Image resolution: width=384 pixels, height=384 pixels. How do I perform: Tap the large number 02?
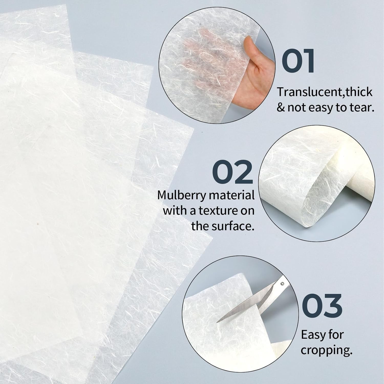(232, 172)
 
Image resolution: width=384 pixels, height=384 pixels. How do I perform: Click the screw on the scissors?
(282, 284)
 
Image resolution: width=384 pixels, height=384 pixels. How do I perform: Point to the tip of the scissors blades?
(218, 322)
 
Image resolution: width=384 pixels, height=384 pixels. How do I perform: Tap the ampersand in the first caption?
(281, 108)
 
